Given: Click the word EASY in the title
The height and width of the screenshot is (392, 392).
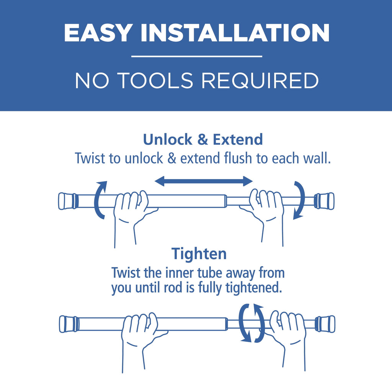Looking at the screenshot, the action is coord(98,33).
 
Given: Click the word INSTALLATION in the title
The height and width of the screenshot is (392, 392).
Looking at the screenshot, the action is coord(235,33).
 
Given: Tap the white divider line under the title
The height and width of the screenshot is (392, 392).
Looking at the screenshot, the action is coord(197,57).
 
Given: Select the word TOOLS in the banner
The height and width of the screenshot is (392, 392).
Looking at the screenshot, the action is coord(155,80).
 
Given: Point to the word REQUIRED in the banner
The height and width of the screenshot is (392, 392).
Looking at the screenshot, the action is coord(260,80).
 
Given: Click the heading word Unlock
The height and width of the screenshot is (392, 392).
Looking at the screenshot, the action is coord(168,139).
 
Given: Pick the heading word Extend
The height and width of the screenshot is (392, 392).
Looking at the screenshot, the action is coord(238,139).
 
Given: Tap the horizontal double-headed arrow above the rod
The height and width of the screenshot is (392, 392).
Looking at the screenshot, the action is coord(204,181).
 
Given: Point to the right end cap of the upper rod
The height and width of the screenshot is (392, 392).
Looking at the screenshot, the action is coord(324,201).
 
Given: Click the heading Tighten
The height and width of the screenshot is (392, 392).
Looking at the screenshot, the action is coord(199,254).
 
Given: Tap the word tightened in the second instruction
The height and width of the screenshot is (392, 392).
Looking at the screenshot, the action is coord(254,288).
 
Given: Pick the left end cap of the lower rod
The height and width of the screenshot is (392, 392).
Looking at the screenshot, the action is coord(69,324).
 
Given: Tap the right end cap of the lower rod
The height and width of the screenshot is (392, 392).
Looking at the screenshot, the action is coord(325,324).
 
